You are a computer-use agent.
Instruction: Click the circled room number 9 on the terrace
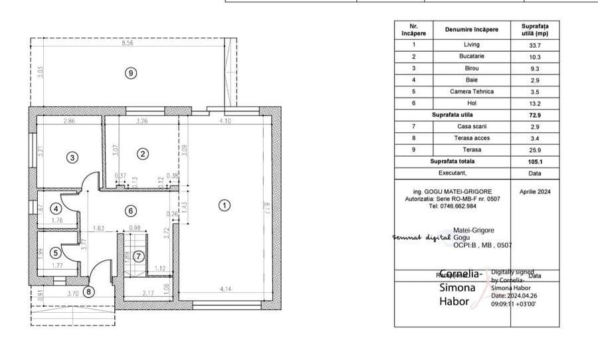point(131,73)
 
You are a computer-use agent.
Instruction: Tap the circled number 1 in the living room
point(225,205)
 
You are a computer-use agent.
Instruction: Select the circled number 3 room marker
point(72,157)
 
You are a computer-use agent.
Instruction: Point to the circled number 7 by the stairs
point(138,256)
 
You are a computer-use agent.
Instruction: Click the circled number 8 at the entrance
point(89,290)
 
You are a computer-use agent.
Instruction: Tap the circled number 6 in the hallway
point(130,211)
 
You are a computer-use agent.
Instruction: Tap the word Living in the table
point(471,45)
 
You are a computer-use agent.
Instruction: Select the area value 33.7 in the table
point(534,45)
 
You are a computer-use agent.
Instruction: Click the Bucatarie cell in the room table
point(471,56)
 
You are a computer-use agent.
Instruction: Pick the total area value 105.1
point(534,161)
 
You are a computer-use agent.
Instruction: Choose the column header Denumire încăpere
point(471,30)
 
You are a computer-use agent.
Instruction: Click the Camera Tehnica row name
point(471,92)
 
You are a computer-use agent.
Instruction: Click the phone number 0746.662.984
point(452,206)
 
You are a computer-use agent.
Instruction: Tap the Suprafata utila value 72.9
point(534,115)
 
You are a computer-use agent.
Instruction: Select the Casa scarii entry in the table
point(471,126)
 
